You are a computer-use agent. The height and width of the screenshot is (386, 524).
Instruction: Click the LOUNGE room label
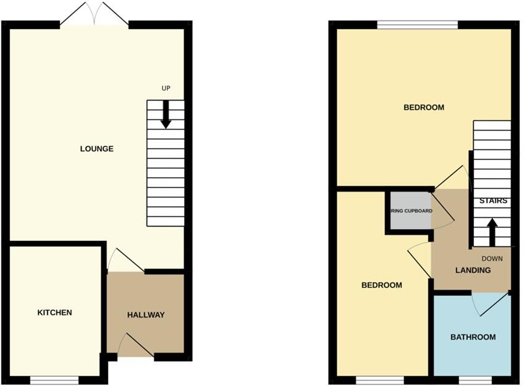click(96, 149)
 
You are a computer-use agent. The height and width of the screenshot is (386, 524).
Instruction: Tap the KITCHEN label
click(55, 313)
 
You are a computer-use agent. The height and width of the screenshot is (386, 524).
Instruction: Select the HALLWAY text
click(146, 315)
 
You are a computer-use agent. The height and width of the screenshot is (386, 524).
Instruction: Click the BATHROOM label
click(473, 337)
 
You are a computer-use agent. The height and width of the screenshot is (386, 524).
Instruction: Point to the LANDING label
click(473, 271)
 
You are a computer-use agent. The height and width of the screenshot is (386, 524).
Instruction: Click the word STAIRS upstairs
click(493, 201)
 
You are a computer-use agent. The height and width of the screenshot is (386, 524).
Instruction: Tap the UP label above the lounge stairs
click(166, 88)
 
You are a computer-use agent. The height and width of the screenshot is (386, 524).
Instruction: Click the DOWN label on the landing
click(492, 259)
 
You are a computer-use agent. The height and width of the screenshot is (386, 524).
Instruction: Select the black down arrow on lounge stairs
click(166, 115)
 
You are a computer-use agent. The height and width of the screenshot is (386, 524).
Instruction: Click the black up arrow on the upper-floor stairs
click(492, 232)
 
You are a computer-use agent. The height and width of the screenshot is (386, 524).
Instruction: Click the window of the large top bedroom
click(417, 25)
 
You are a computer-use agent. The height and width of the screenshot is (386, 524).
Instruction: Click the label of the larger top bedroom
click(423, 107)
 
